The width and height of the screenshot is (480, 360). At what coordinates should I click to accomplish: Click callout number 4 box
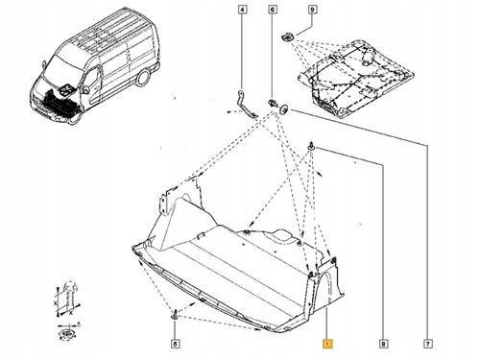pos(243,10)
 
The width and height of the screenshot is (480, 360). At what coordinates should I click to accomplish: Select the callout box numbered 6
pos(273,10)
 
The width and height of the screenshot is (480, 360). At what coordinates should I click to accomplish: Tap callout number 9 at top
pos(312,10)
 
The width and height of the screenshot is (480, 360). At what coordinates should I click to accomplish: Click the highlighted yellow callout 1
pos(327,344)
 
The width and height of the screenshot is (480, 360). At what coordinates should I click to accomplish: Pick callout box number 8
pos(383,344)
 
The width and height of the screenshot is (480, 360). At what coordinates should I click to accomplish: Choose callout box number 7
pos(428,344)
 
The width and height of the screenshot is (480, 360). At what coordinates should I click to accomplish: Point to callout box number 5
pos(175,344)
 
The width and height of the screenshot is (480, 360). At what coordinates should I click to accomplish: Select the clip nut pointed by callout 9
pos(287,36)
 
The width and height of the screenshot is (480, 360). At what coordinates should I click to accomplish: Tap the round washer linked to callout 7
pos(284,109)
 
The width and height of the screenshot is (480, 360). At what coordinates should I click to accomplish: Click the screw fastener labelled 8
pos(311,146)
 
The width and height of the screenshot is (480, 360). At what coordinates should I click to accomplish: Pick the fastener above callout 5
pos(175,314)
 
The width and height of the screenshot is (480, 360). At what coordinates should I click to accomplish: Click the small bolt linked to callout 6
pos(272,103)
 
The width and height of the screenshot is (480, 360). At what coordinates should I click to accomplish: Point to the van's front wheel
pos(75,117)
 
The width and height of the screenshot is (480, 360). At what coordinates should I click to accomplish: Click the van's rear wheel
pos(142,78)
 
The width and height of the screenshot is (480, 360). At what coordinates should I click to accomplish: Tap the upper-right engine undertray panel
pos(356,79)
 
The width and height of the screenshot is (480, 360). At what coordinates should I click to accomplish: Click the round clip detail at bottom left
pos(65,333)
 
